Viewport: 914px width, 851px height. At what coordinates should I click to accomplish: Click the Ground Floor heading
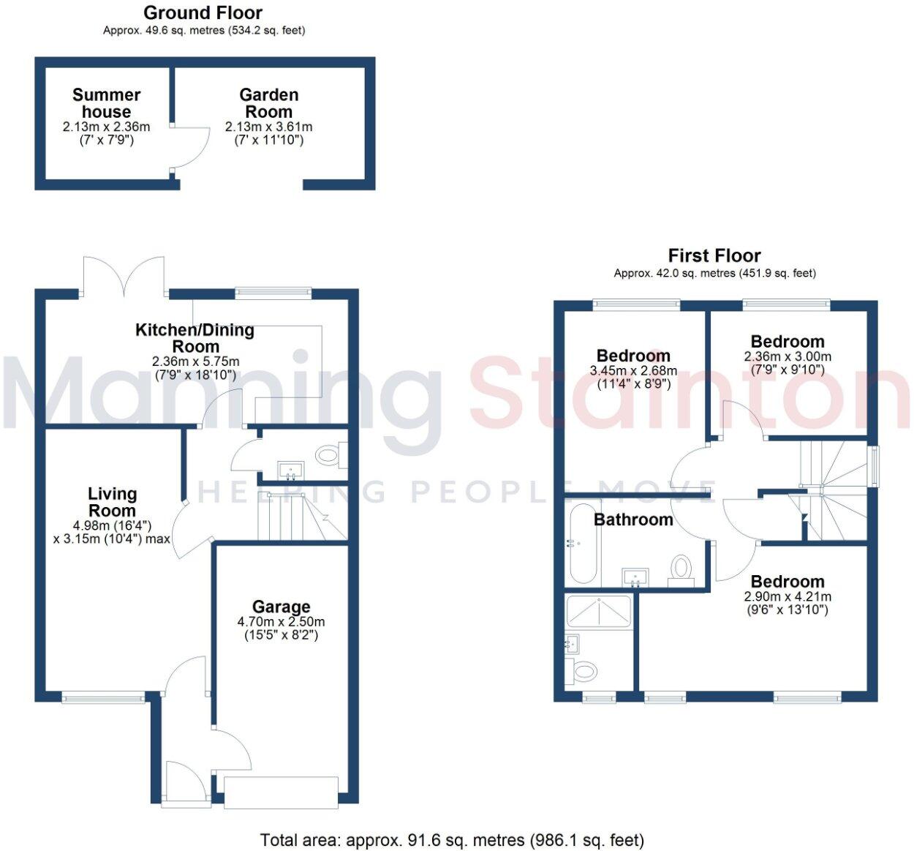coord(203,12)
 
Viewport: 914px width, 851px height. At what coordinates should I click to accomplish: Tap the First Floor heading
coord(714,255)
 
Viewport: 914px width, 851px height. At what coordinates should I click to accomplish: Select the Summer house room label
coord(106,103)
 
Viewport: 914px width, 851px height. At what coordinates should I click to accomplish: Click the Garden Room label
coord(268,103)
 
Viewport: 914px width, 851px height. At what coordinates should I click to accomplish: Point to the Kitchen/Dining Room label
coord(195,338)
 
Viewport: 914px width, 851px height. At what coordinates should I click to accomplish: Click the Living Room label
coord(112,503)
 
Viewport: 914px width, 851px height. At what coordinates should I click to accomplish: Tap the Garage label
coord(281,607)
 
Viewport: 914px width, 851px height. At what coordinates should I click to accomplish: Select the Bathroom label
coord(633,520)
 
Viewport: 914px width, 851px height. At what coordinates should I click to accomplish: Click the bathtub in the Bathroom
coord(583,541)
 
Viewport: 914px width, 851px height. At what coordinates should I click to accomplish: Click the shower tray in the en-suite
coord(598,611)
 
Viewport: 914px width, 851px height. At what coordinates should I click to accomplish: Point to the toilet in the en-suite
coord(585,670)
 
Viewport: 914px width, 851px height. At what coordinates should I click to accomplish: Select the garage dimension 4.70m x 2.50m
coord(281,622)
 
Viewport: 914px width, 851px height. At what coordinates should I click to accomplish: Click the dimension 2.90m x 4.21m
coord(788,597)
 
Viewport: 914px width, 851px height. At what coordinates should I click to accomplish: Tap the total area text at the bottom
coord(452,839)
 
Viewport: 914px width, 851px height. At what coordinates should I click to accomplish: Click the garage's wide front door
coord(282,792)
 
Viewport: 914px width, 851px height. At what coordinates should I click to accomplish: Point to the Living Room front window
coord(103,699)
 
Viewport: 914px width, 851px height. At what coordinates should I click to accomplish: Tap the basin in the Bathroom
coord(635,577)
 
